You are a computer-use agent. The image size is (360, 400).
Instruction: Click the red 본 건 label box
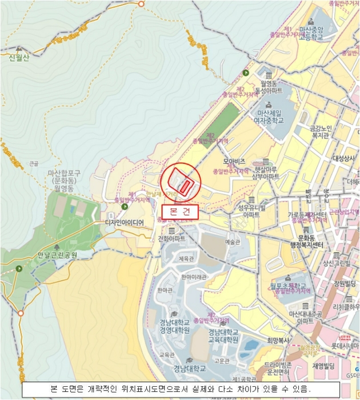point(179,211)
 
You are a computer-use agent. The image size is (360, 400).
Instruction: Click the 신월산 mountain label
point(18,57)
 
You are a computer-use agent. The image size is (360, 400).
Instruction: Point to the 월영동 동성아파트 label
point(268,87)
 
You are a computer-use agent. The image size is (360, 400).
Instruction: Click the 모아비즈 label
point(234,162)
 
